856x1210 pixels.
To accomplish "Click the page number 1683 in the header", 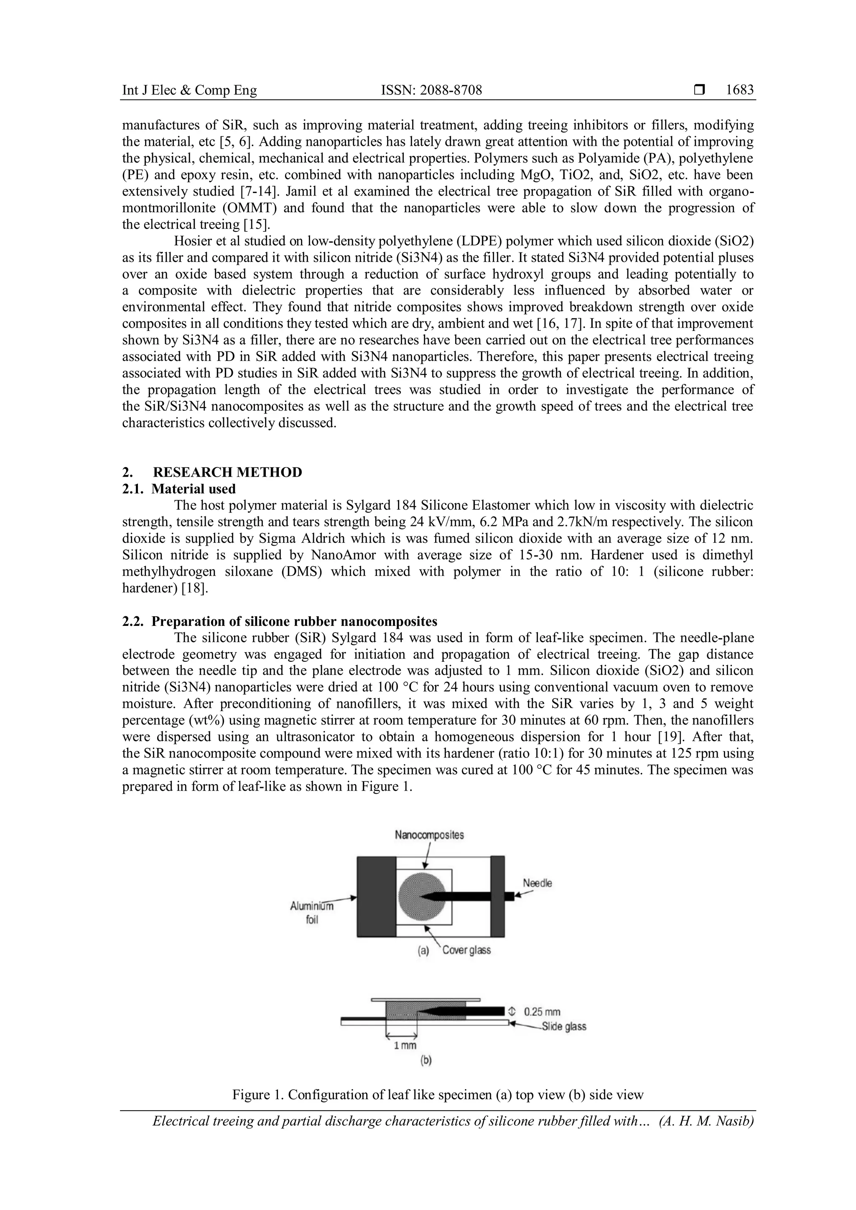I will [x=739, y=90].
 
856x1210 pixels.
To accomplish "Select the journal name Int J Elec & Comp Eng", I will [x=189, y=91].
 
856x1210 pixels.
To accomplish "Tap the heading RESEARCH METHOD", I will [x=227, y=472].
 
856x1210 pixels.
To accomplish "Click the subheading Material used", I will [x=193, y=488].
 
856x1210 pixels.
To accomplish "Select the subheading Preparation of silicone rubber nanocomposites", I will [x=294, y=621].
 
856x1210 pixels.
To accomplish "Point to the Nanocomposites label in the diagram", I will [x=429, y=835].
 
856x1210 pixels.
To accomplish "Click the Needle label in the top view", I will [x=537, y=883].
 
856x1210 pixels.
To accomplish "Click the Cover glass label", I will [x=466, y=950].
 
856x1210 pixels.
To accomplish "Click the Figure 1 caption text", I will [x=438, y=1095].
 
